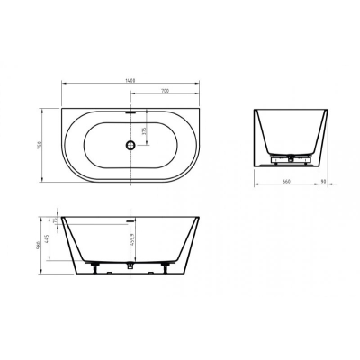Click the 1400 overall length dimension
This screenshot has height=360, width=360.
[131, 81]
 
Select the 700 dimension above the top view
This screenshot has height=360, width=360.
[166, 92]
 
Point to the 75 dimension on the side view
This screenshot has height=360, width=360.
[54, 220]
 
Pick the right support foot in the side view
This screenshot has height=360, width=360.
[167, 265]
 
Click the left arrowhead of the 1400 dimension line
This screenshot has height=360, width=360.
[62, 85]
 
